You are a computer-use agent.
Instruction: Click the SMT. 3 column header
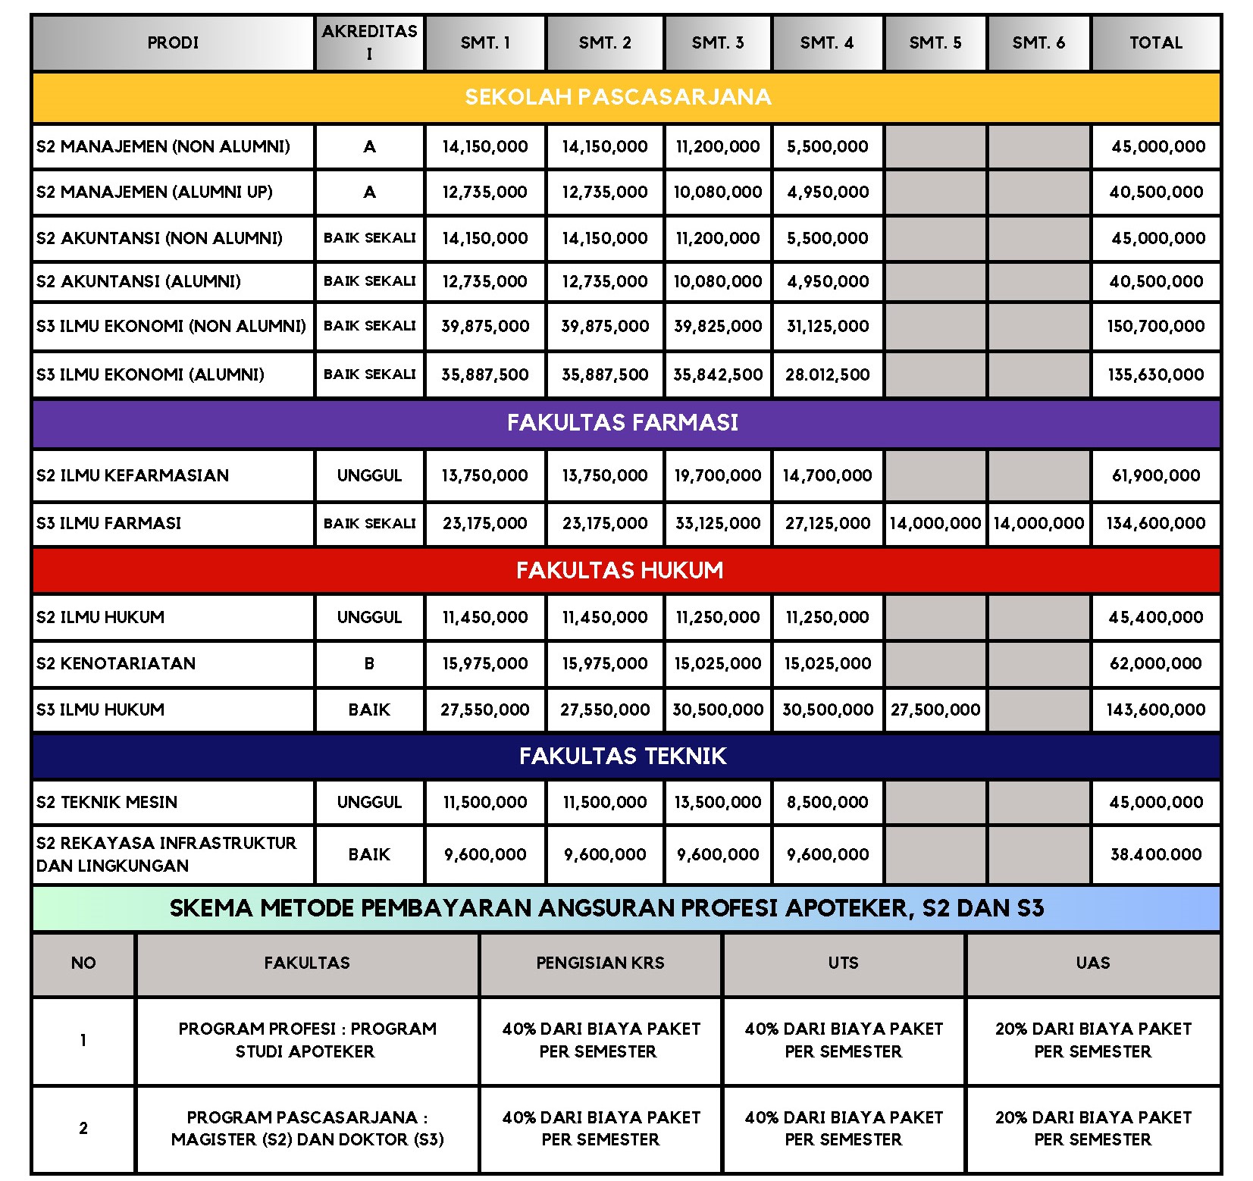click(718, 43)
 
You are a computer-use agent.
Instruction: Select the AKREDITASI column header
click(369, 42)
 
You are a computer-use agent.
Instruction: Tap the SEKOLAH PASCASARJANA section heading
click(618, 97)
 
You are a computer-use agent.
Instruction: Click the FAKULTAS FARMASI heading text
click(622, 422)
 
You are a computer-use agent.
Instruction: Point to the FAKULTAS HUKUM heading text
click(619, 570)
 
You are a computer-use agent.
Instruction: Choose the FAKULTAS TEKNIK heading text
click(622, 756)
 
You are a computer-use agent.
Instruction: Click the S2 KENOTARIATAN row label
click(116, 663)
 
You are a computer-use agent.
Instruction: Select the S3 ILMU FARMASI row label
click(109, 523)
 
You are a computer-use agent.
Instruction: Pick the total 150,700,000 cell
click(1155, 327)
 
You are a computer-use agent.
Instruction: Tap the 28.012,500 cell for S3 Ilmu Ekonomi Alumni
click(827, 374)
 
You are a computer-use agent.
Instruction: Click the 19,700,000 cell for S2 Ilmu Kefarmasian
click(718, 475)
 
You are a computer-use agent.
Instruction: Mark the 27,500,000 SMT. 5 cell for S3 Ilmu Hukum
click(935, 710)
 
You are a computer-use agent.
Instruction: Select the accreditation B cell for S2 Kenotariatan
click(369, 663)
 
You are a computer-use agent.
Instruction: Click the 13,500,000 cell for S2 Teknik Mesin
click(718, 802)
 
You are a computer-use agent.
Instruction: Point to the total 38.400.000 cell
click(1155, 854)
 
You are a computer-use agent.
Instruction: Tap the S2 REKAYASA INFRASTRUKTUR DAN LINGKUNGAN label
click(167, 854)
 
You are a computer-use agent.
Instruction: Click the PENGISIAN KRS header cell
click(600, 963)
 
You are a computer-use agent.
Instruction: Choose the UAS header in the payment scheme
click(1092, 963)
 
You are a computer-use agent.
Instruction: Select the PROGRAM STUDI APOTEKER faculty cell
click(307, 1040)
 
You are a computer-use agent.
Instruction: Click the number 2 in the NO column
click(83, 1128)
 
